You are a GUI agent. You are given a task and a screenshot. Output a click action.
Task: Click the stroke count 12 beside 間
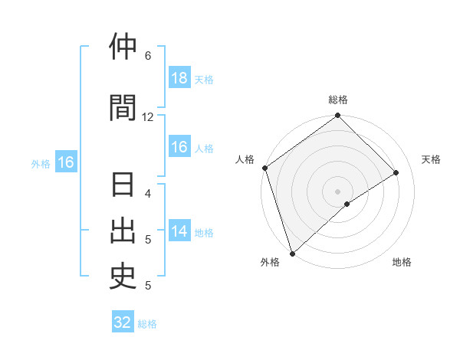[148, 116]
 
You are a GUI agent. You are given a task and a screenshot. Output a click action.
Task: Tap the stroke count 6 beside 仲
[148, 56]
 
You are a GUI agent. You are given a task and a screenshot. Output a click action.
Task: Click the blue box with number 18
[179, 78]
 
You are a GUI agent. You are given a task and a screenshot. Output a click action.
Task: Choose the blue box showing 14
[179, 232]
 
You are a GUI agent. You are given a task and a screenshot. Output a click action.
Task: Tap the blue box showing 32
[123, 322]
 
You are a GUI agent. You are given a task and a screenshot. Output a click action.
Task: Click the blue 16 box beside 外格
[65, 162]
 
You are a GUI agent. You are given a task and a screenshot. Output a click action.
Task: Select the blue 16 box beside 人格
[179, 148]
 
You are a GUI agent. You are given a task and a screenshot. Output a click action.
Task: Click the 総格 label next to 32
[147, 324]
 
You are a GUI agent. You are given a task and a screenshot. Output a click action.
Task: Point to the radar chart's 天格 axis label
[432, 159]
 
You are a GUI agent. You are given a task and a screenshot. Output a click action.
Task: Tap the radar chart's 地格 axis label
[402, 262]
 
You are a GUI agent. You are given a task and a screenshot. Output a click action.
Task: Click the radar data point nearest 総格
[338, 116]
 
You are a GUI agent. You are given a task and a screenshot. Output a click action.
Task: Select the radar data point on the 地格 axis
[347, 204]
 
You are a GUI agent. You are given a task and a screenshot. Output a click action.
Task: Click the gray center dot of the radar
[337, 191]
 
